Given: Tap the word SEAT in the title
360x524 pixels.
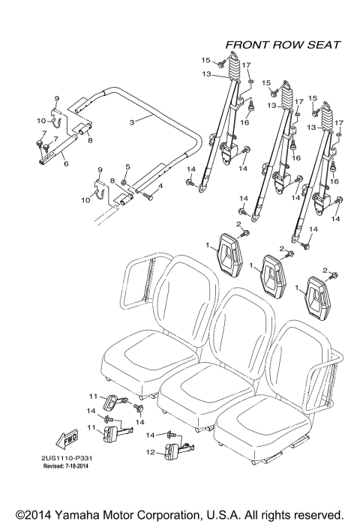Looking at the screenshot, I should [325, 45].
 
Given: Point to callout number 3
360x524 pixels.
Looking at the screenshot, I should [132, 121].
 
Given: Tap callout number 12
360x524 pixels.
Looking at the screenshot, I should [151, 452].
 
